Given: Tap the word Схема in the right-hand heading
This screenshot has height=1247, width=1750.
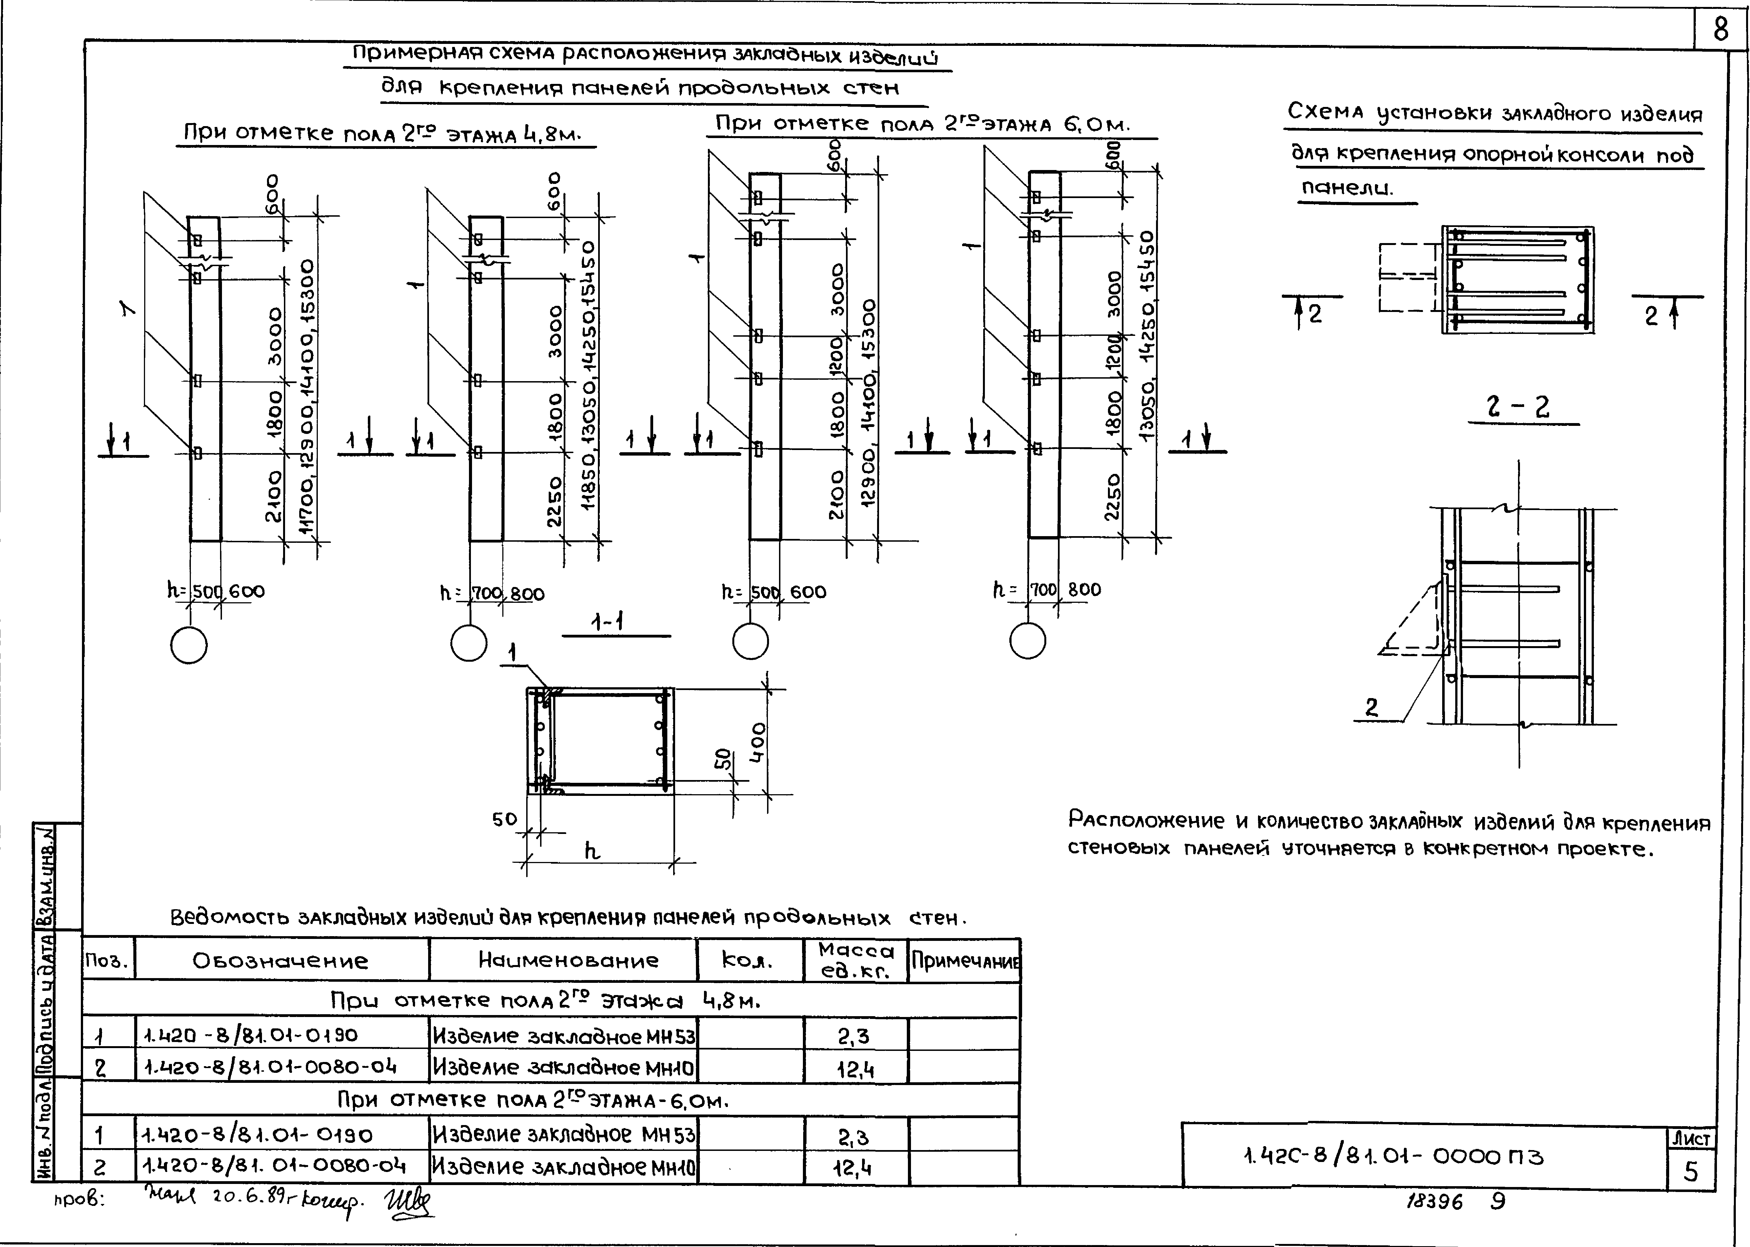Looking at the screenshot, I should (1325, 112).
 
